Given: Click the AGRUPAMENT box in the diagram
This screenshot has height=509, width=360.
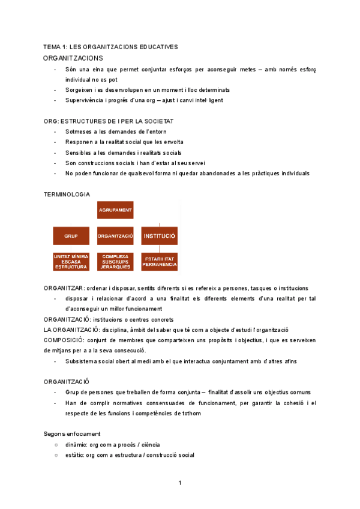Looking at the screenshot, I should click(x=115, y=210).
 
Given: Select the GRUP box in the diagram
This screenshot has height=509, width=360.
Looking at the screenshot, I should click(x=71, y=236).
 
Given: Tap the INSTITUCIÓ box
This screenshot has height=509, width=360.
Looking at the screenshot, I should click(x=159, y=236).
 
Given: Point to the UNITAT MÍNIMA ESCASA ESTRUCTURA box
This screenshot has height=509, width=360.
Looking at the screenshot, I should click(x=71, y=262).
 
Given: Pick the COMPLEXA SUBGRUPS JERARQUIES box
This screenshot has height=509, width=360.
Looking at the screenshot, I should click(x=115, y=262).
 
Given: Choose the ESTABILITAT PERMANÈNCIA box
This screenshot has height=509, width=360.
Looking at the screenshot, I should click(x=159, y=262).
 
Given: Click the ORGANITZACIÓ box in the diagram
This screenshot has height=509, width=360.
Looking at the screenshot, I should click(x=115, y=236).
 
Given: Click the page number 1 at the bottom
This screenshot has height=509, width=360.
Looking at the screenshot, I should click(x=179, y=483).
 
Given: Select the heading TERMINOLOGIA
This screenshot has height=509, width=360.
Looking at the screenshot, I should click(x=67, y=194).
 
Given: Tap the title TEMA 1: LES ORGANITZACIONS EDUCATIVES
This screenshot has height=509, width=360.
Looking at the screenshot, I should click(x=110, y=46).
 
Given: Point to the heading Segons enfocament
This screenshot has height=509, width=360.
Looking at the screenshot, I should click(x=72, y=433).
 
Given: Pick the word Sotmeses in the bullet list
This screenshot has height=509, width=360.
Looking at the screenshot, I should click(x=79, y=131).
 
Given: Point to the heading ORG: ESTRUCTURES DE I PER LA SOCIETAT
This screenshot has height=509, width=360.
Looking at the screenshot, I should click(x=108, y=121).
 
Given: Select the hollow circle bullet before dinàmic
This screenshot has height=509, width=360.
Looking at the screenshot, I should click(x=56, y=445).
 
